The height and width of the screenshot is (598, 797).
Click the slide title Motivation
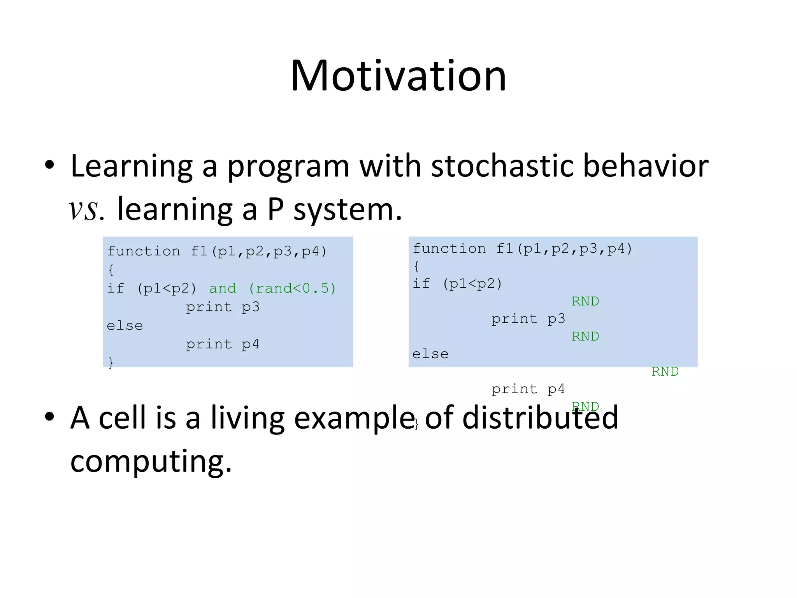pos(398,76)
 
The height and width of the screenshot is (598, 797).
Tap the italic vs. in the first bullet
pos(86,209)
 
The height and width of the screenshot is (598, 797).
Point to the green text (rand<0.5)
pos(292,288)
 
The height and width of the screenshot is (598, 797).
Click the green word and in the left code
pos(223,288)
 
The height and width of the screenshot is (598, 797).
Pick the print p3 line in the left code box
pos(223,307)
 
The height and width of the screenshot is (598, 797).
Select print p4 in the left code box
pos(223,344)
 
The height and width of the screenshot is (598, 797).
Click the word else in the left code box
pos(125,326)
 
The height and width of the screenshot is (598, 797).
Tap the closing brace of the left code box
pos(111,362)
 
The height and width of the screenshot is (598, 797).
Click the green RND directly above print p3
pos(585,301)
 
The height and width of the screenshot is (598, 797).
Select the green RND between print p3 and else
pos(585,336)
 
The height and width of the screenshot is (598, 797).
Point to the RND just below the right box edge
pos(665,372)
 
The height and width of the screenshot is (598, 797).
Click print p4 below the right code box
pos(528,389)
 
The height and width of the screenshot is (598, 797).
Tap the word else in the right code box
pos(430,354)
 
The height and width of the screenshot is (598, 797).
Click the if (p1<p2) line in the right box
pos(458,284)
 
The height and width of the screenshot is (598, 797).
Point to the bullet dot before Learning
pos(49,165)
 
